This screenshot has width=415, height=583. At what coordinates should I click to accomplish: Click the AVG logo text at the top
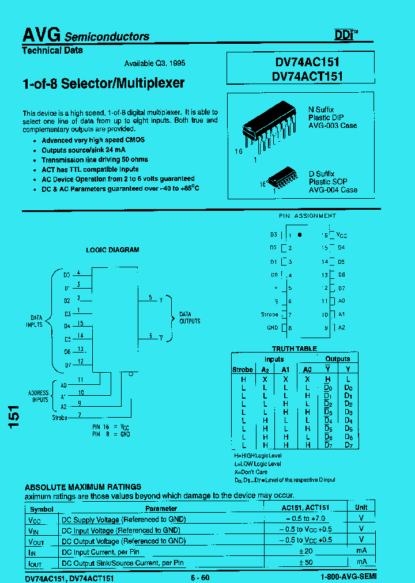[x=41, y=35]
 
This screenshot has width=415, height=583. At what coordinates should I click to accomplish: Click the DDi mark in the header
[x=346, y=35]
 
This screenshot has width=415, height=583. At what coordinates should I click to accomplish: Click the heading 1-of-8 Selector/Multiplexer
[x=103, y=83]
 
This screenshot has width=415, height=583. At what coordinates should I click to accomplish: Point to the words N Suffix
[x=321, y=109]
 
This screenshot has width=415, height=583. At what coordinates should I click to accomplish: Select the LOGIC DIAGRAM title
[x=112, y=250]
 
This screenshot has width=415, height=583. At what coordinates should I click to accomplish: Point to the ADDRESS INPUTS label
[x=38, y=396]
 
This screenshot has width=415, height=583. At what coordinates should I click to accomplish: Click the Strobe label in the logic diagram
[x=59, y=417]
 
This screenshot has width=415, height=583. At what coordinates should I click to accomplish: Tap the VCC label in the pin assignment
[x=342, y=236]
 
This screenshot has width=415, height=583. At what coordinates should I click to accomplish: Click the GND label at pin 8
[x=272, y=328]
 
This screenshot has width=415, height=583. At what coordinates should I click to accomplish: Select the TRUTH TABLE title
[x=294, y=349]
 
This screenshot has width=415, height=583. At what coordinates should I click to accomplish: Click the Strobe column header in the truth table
[x=242, y=369]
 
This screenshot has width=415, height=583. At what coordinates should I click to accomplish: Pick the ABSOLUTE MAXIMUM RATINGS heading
[x=83, y=487]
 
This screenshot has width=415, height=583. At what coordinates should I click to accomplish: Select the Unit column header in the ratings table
[x=361, y=508]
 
